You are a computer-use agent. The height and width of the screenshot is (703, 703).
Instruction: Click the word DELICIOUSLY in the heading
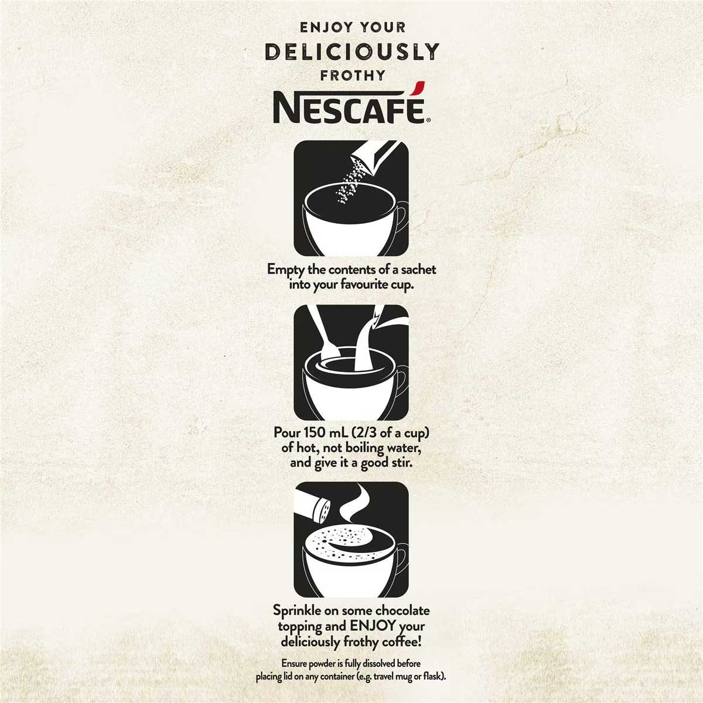coord(351,52)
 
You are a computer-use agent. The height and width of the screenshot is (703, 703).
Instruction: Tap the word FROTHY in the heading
coord(351,75)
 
